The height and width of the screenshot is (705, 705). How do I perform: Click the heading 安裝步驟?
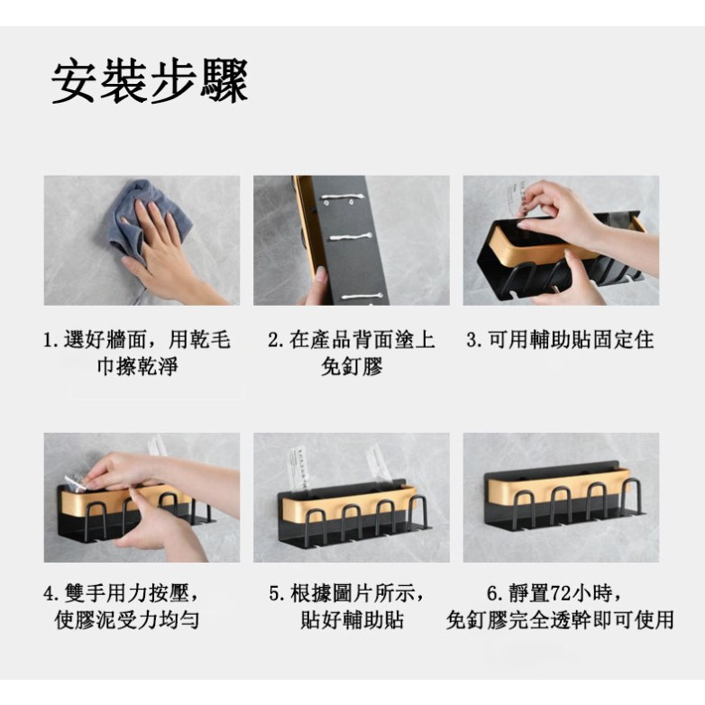coord(150,82)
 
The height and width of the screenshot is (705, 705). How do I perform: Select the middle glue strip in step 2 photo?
coord(352,236)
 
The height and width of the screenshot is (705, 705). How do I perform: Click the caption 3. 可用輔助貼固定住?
coord(560,340)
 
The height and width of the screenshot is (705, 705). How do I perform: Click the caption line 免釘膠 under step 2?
coord(352,366)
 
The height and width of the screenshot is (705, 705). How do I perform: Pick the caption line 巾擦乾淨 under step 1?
coord(138,366)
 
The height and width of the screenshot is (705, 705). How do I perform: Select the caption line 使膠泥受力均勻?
coord(127,619)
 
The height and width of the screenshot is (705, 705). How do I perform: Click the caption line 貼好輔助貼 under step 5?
coord(352,619)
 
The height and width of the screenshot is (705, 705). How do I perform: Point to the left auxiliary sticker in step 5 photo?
coord(299,468)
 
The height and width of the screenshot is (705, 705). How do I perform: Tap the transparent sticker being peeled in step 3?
coord(513,197)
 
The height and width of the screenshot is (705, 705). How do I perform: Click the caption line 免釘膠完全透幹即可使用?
coord(560,619)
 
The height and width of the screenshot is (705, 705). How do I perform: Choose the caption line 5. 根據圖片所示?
coord(347,593)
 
